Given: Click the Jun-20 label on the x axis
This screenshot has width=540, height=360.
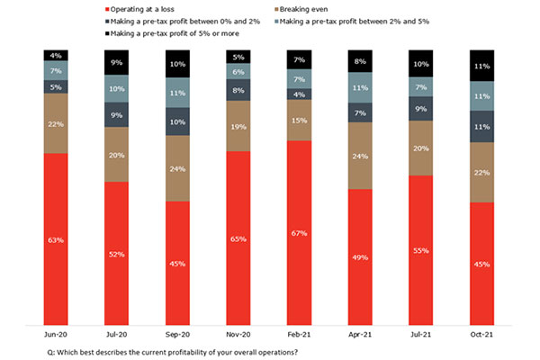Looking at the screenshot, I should point(56,332).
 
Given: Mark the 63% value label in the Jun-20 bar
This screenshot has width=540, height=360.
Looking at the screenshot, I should point(56,240).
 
